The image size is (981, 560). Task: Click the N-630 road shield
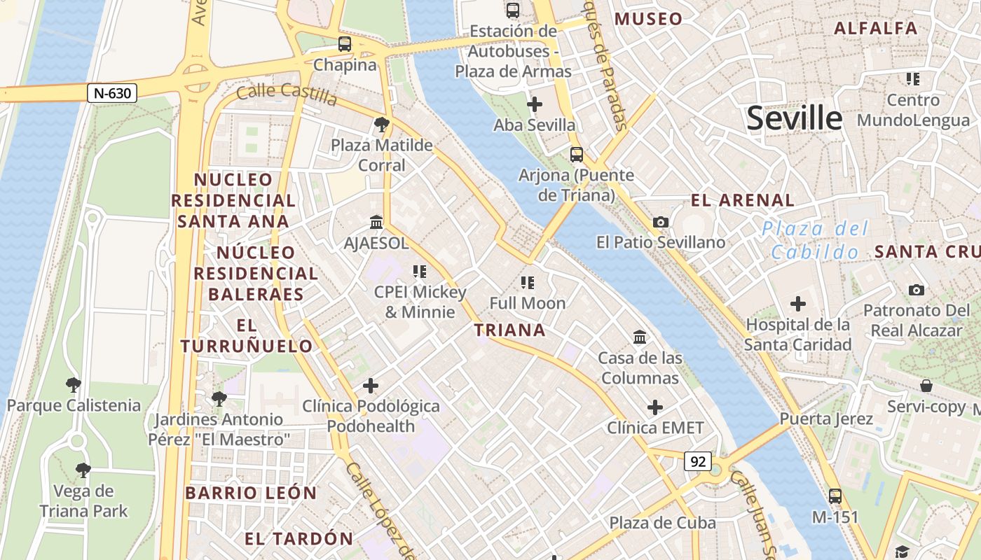[x=112, y=92]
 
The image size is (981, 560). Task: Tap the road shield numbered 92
[x=697, y=461]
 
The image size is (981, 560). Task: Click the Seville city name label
[x=793, y=118]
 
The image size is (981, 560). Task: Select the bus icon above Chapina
[x=344, y=44]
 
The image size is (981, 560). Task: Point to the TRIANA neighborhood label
[x=509, y=330]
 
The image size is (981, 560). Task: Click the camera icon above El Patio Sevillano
[x=660, y=222]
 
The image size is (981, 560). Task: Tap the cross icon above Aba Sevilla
[x=535, y=105]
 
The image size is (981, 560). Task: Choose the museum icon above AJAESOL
[x=376, y=223]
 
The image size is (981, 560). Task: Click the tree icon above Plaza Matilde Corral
[x=382, y=125]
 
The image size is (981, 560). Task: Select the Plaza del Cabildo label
[x=815, y=240]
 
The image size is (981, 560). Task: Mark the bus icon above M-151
[x=835, y=496]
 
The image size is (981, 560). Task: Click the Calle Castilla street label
[x=287, y=92]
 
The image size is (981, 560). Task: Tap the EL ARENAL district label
[x=743, y=200]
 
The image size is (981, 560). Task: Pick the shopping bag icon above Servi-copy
[x=926, y=386]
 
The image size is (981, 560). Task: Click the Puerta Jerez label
[x=826, y=419]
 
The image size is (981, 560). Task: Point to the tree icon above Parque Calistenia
[x=73, y=384]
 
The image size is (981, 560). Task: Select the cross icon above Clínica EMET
[x=655, y=407]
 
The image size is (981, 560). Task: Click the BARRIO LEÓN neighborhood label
[x=251, y=493]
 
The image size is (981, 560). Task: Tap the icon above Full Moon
[x=528, y=283]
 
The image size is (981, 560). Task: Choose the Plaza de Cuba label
[x=662, y=522]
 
